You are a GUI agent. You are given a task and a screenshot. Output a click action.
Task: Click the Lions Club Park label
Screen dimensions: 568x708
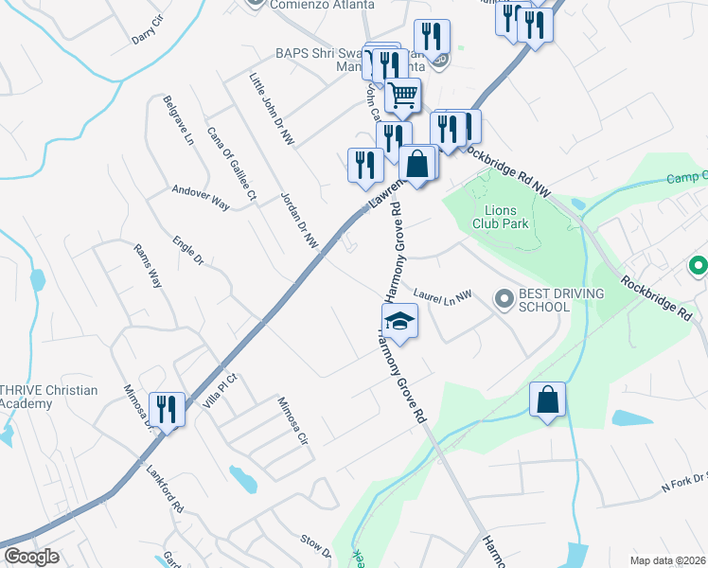click(x=506, y=217)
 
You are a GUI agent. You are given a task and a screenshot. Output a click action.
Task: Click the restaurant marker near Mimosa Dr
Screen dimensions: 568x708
click(x=167, y=410)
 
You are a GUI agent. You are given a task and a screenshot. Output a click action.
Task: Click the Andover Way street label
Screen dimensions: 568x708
click(x=202, y=197)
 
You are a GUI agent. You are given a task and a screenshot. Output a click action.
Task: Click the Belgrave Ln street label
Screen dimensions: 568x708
click(x=178, y=119)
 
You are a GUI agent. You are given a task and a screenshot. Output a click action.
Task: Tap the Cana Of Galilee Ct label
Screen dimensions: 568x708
click(x=232, y=167)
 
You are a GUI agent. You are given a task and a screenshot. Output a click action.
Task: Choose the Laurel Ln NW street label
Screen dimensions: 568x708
click(x=443, y=296)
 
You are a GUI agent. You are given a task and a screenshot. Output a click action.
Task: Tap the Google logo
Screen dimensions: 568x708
click(x=30, y=557)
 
